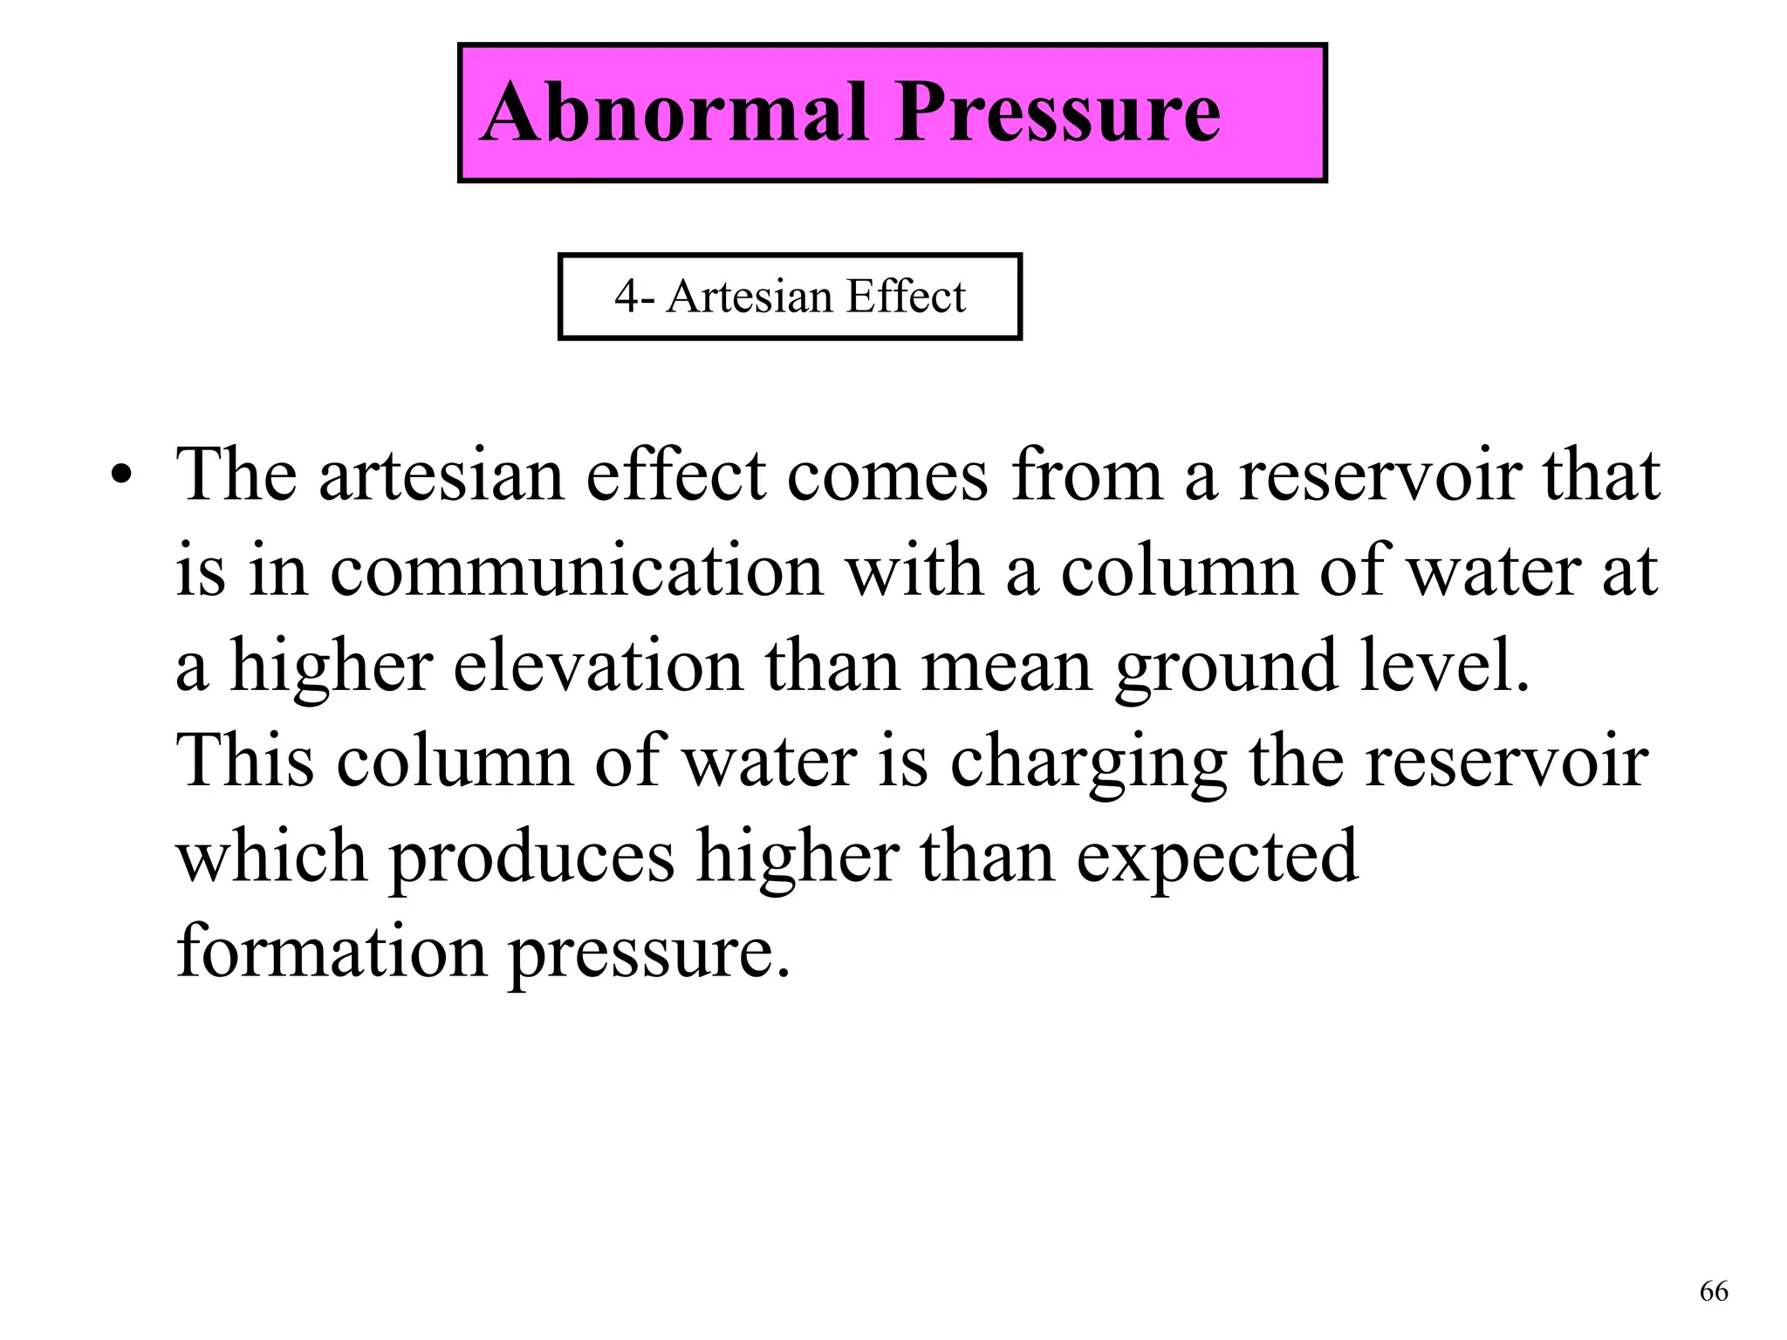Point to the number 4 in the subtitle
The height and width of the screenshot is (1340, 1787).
[x=626, y=297]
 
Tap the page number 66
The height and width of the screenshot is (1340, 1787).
[x=1714, y=1291]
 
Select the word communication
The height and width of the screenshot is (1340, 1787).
[x=577, y=571]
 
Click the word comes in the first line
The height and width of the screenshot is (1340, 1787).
[x=888, y=476]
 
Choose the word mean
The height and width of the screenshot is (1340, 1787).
[x=1007, y=667]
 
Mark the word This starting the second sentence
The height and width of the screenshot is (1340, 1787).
[x=245, y=761]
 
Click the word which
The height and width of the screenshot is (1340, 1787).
[x=271, y=857]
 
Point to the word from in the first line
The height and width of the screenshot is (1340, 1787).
[x=1088, y=476]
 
